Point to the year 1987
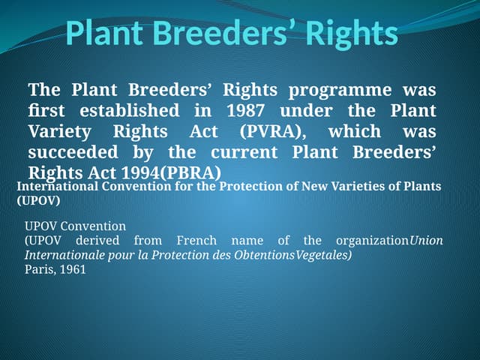click(245, 111)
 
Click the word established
click(131, 111)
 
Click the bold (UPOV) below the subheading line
click(38, 201)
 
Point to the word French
click(196, 241)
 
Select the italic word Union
click(427, 241)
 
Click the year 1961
click(73, 269)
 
